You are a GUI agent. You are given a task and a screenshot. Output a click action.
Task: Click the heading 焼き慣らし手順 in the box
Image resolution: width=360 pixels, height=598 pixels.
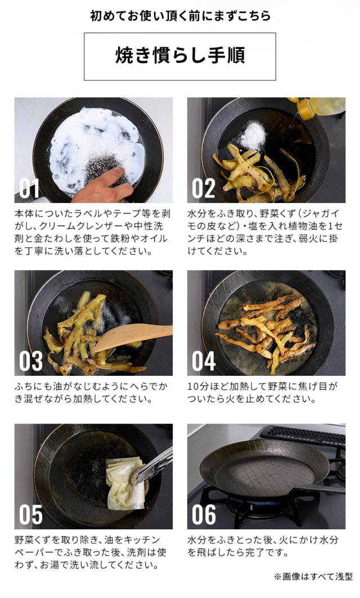pos(180,56)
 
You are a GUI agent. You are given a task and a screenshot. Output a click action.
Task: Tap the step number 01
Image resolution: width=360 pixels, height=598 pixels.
pos(29,188)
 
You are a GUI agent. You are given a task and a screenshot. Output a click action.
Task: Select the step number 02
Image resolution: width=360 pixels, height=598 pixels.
pos(203,188)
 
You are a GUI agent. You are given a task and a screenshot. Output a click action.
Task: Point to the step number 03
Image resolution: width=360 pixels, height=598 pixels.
pos(31,361)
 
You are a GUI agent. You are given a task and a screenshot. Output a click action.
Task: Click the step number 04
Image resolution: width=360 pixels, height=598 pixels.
pos(204,361)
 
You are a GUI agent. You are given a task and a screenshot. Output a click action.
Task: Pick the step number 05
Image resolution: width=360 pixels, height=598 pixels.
pos(31,515)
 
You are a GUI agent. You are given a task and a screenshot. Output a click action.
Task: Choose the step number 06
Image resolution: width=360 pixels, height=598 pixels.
pos(204,515)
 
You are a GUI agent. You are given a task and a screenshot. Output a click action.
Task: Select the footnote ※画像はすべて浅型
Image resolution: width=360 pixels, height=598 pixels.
pos(313,577)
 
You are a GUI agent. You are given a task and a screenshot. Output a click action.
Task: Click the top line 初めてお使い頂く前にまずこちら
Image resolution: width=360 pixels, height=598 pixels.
pos(180,16)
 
